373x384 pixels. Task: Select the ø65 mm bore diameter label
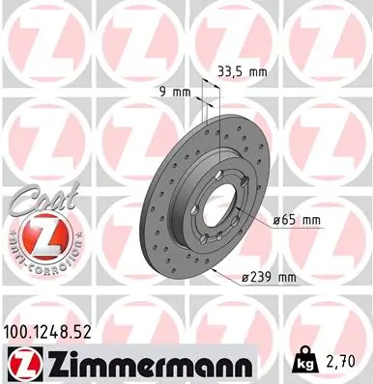pyautogui.click(x=298, y=221)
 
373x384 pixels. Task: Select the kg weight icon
pyautogui.click(x=302, y=363)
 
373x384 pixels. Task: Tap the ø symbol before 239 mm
pyautogui.click(x=245, y=278)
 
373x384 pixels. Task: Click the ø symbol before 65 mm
pyautogui.click(x=277, y=221)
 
